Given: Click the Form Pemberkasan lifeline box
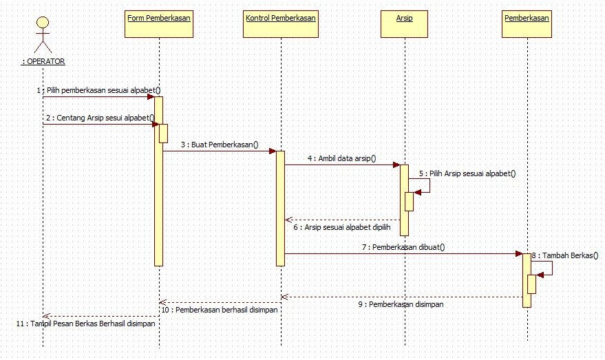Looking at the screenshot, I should (159, 23).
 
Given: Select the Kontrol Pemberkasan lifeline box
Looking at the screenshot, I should (281, 23).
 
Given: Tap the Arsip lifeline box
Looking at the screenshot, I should (405, 23).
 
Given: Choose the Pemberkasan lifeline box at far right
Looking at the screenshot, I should (527, 23).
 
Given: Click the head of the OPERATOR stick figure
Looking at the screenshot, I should (43, 22).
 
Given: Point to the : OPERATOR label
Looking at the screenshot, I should (43, 61).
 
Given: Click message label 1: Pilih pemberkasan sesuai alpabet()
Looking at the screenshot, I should (99, 90).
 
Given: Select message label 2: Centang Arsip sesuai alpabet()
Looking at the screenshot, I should (100, 118).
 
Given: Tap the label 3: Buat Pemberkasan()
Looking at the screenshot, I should (220, 145).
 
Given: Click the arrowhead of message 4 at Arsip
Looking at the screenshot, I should (396, 165).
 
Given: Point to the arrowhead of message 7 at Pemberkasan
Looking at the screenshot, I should (519, 253).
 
